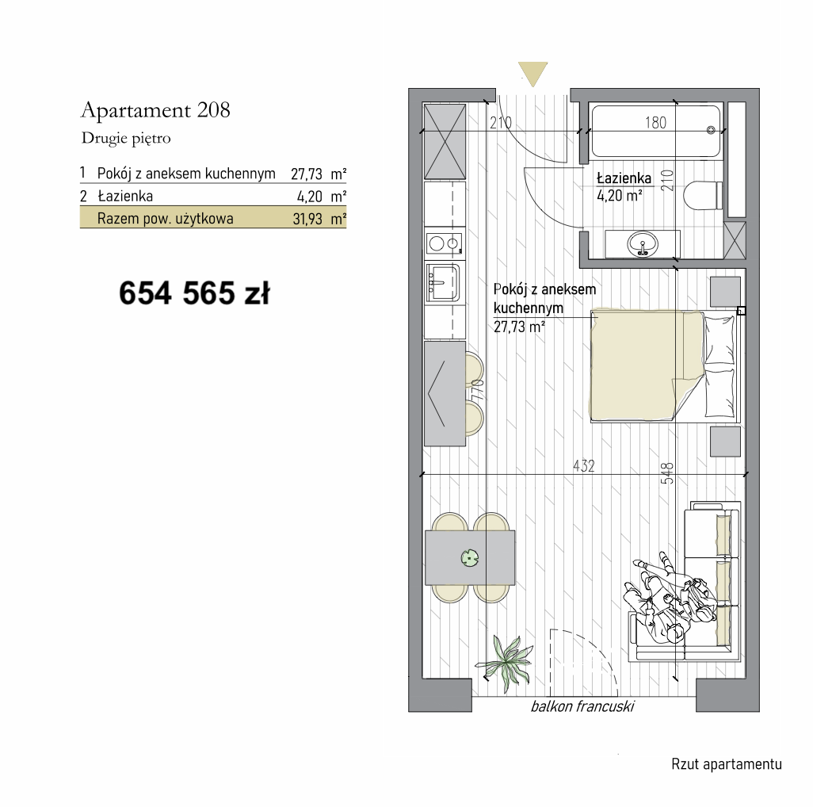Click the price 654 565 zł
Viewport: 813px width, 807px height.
194,293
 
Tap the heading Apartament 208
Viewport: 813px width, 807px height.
155,110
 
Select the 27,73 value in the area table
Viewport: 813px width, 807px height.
307,174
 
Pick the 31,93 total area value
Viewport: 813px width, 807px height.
307,219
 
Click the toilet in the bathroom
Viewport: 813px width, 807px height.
703,195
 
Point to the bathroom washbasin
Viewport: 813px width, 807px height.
643,243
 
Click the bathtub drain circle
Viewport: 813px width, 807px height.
711,130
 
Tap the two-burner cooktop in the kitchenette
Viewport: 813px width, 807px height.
445,243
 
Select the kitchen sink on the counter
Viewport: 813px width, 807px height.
442,282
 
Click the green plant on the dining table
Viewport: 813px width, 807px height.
470,559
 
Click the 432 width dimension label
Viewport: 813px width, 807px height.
584,466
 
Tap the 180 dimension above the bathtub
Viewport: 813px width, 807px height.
656,123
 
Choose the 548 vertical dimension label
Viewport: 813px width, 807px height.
668,473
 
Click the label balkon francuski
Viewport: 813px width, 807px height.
582,706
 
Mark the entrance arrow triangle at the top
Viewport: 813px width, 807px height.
532,74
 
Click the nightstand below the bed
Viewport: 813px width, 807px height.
725,442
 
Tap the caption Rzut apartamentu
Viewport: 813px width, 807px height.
727,764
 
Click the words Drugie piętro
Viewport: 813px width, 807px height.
126,139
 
